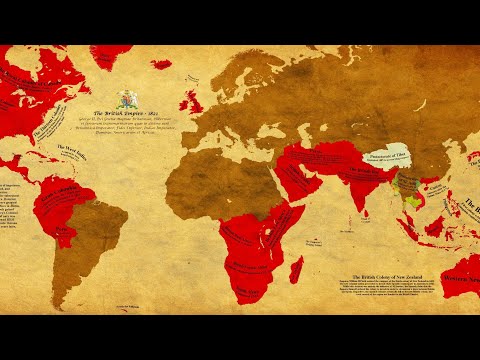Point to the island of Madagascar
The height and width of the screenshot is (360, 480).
click(296, 268)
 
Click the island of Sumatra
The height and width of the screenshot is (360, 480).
click(409, 226)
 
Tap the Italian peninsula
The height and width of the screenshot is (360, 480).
click(227, 128)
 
